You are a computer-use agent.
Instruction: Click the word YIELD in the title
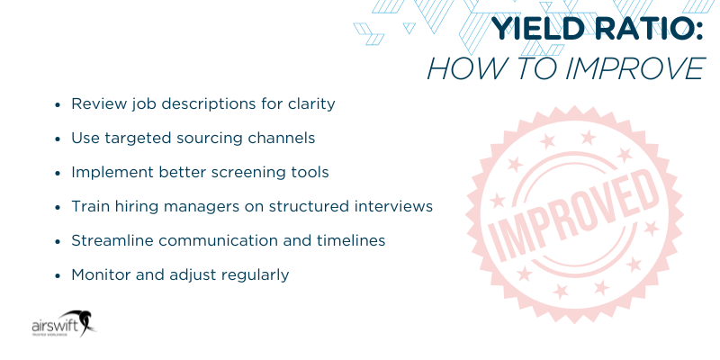pyautogui.click(x=533, y=31)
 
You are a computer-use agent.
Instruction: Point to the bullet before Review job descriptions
pyautogui.click(x=58, y=104)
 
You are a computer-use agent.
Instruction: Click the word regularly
pyautogui.click(x=253, y=274)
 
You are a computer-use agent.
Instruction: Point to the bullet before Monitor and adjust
pyautogui.click(x=58, y=275)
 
